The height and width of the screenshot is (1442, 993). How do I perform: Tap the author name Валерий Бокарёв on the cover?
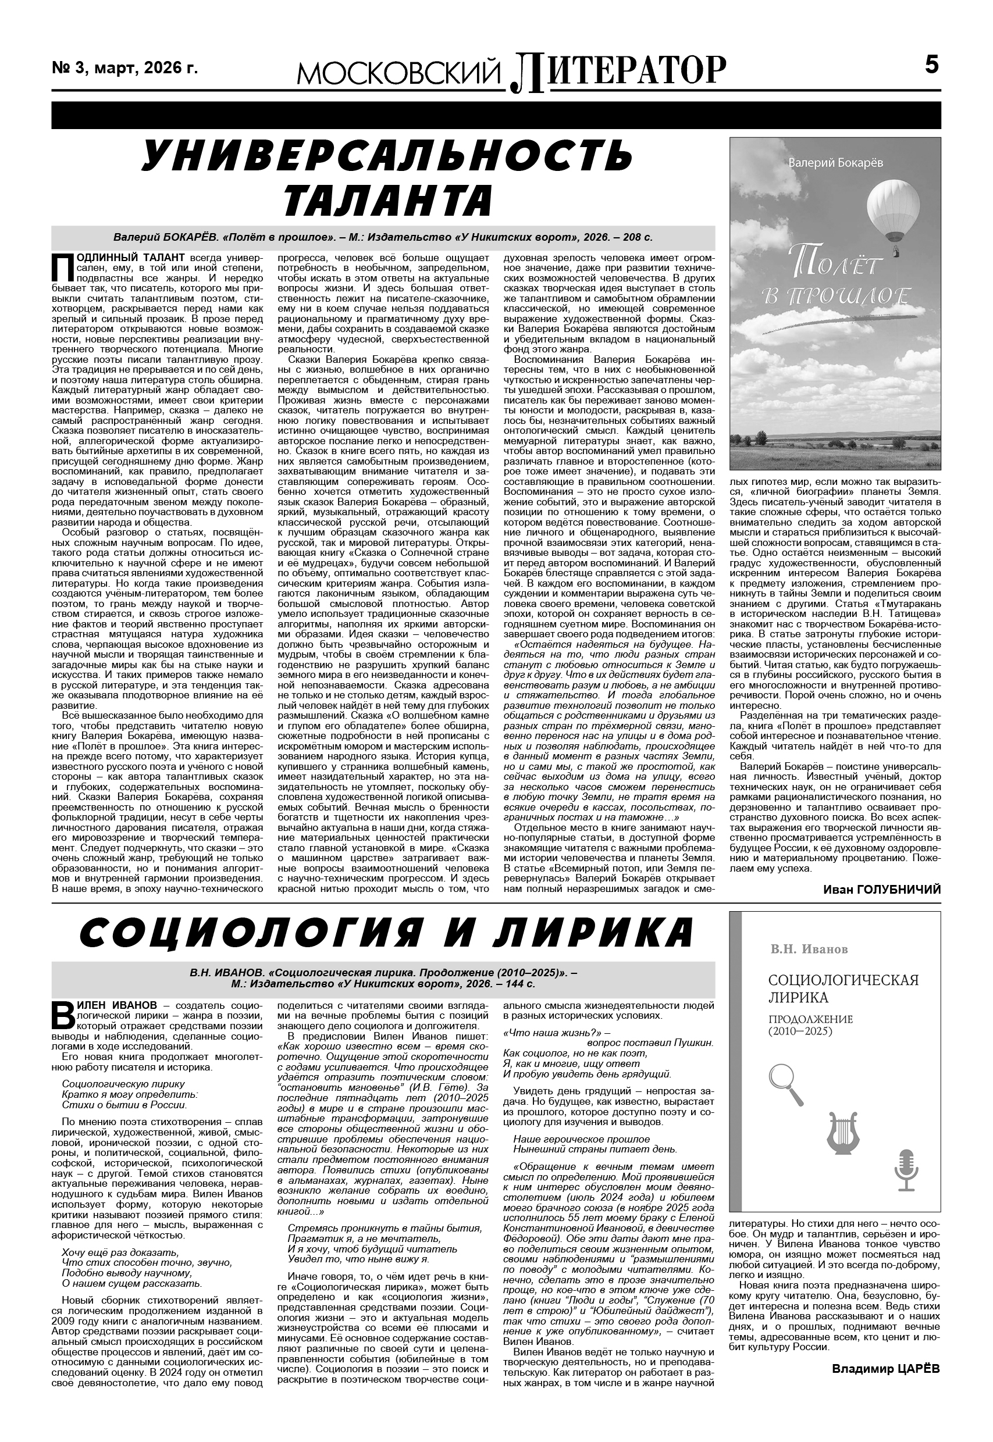click(835, 163)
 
